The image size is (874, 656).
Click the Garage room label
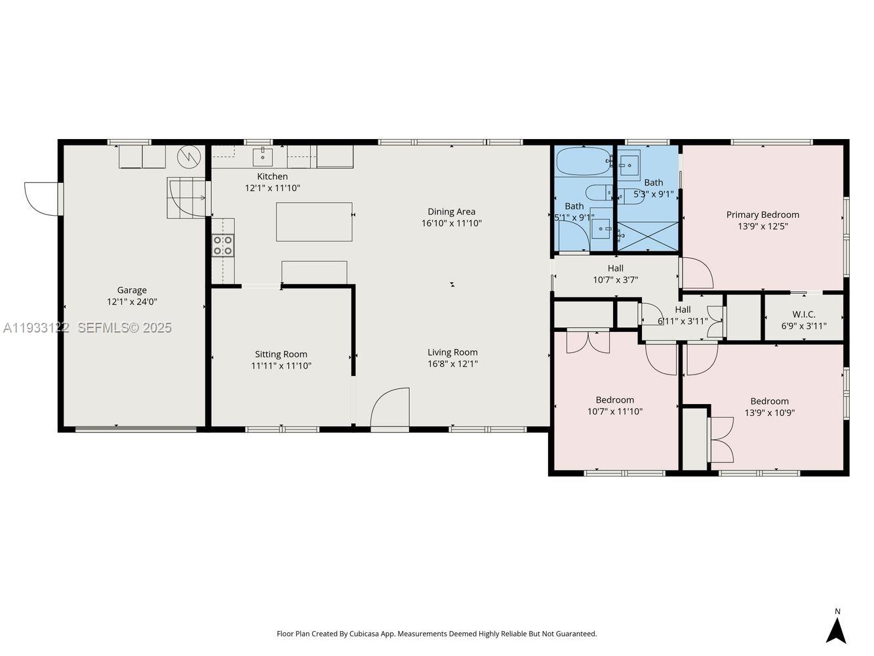click(132, 290)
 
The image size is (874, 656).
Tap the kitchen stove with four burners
click(223, 245)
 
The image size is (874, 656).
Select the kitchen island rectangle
click(314, 222)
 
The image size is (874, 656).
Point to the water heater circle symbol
click(188, 155)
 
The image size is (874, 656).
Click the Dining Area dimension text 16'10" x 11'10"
click(451, 223)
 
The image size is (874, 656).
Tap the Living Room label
click(452, 352)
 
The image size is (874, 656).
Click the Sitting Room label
click(281, 354)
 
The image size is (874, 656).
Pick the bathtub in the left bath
click(583, 161)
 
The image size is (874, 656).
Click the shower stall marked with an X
click(648, 236)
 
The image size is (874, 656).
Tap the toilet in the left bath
click(597, 192)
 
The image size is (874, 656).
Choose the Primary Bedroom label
click(763, 215)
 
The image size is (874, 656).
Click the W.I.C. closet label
click(803, 314)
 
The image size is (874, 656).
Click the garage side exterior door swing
click(41, 199)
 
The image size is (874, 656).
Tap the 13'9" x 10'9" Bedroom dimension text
click(770, 413)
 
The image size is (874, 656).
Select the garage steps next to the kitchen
click(187, 197)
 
